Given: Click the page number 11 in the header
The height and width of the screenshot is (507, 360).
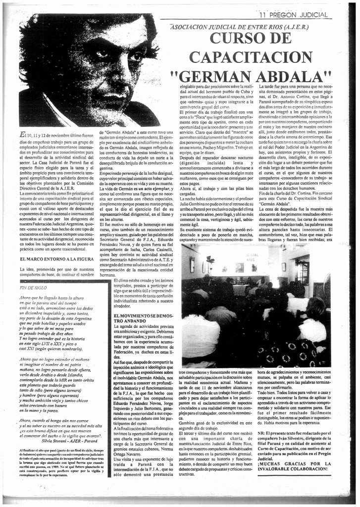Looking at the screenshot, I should coord(264,15).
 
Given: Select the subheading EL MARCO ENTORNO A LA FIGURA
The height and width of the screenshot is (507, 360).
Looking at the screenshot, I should coord(57,259).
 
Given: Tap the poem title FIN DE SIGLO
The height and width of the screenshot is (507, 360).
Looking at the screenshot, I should coord(33,287).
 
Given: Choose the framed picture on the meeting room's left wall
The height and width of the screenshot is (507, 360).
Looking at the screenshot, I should coord(192,264).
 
